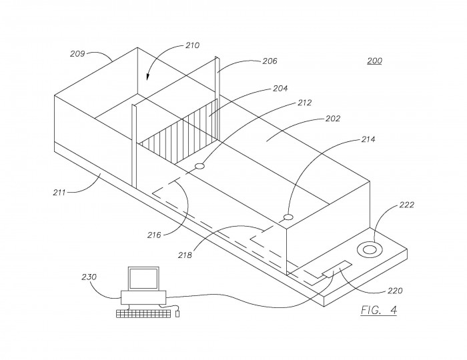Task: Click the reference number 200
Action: coord(375,61)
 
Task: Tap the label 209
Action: coord(77,54)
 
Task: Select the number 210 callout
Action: coord(192,45)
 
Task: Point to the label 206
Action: coord(270,61)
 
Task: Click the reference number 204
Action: coord(280,89)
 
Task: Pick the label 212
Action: coord(305,103)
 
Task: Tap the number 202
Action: coord(333,119)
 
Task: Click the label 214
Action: coord(368,139)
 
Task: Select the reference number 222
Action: coord(406,205)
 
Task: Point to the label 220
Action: coord(395,291)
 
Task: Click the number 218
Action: coord(185,255)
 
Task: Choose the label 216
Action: coord(154,235)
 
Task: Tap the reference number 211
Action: coord(59,193)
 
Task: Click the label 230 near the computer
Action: coord(89,277)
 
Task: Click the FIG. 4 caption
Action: coord(379,310)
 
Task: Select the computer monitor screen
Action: coord(143,279)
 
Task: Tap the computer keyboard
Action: coord(143,313)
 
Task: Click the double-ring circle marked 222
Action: coord(370,249)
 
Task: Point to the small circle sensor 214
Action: coord(288,217)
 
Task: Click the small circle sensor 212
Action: coord(199,166)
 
